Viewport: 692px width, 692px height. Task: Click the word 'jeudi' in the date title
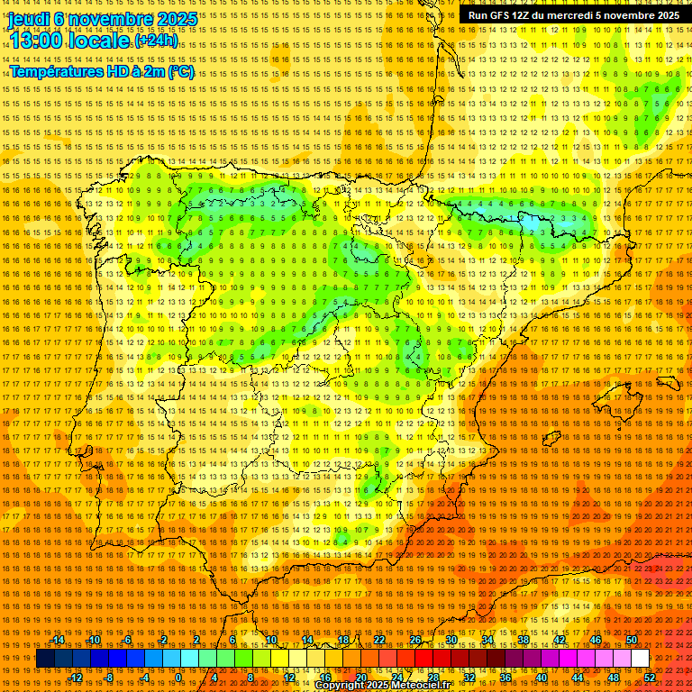coord(28,18)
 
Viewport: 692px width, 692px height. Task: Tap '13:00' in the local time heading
coord(35,41)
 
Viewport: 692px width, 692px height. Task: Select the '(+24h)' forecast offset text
coord(156,41)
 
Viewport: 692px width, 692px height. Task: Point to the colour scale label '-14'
coord(59,640)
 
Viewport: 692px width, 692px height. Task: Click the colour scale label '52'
coord(650,678)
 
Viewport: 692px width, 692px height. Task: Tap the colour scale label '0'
coord(178,678)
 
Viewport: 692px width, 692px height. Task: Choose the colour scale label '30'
coord(451,640)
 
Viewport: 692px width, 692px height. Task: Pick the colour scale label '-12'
coord(76,678)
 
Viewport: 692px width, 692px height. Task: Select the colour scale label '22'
coord(379,640)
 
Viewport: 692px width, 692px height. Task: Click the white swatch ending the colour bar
coord(640,659)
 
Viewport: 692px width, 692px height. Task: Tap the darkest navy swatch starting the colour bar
coord(44,659)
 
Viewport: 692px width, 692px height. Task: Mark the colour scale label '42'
coord(559,640)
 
